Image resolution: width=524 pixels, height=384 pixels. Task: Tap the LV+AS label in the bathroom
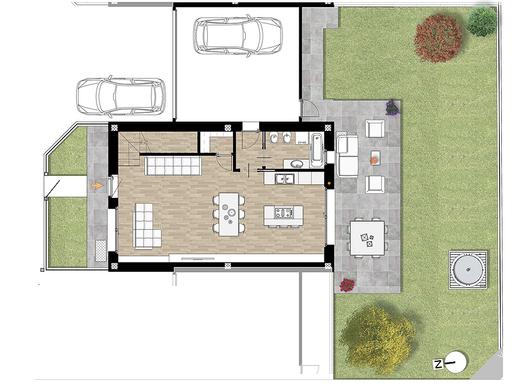click(302, 141)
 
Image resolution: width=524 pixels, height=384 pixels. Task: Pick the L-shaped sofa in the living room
click(146, 227)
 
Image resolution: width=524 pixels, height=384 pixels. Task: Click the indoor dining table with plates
click(229, 214)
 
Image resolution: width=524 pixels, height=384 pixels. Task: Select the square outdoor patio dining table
click(367, 237)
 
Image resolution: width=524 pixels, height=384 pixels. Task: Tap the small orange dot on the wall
click(329, 183)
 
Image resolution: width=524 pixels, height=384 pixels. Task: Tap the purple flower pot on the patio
click(392, 108)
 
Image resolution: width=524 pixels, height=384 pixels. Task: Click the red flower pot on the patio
click(347, 285)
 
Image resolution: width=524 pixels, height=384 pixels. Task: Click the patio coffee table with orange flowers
click(374, 157)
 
